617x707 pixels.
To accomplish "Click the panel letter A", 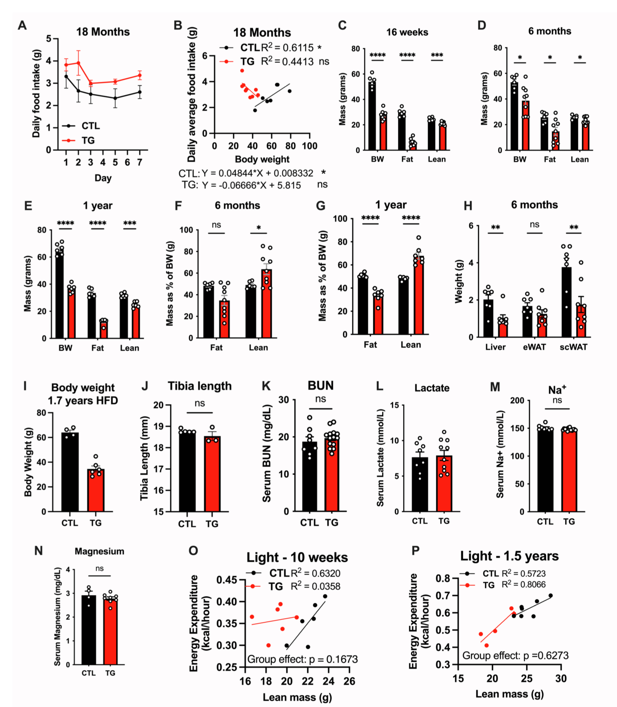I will [22, 25].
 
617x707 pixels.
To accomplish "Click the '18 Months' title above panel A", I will [103, 32].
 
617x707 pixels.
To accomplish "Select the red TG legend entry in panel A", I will [81, 141].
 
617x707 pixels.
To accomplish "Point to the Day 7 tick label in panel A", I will [139, 162].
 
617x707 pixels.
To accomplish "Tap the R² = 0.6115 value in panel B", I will [287, 47].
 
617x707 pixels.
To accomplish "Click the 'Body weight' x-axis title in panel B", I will [262, 159].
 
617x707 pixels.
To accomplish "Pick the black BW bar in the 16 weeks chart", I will [372, 116].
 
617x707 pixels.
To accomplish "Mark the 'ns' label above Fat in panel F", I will [216, 225].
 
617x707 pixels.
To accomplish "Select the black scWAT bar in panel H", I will [566, 302].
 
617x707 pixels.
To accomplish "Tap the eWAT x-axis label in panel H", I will [534, 347].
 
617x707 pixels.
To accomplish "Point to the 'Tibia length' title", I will [200, 386].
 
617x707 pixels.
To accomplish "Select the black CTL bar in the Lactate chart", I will [420, 484].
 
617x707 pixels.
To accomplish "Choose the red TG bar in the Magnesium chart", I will [110, 631].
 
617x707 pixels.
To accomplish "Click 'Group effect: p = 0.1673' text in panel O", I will [302, 659].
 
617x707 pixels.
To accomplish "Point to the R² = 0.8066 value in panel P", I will [523, 584].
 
